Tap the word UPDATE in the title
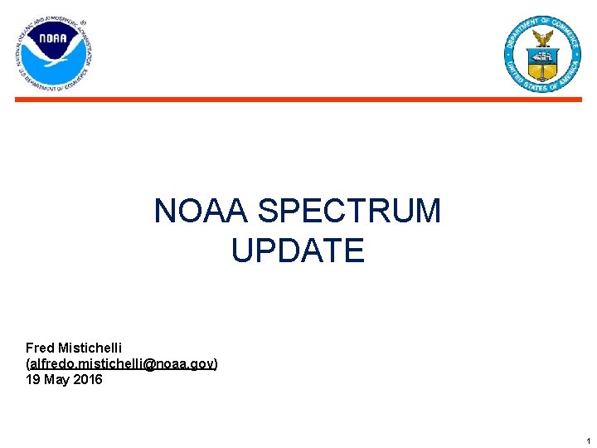point(298,251)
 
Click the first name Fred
point(40,348)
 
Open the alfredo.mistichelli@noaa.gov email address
point(122,363)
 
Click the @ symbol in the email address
point(150,363)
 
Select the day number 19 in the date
point(33,379)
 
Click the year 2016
point(88,379)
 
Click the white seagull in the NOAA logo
point(55,59)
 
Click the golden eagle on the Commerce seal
point(543,38)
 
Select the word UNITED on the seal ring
point(513,69)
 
